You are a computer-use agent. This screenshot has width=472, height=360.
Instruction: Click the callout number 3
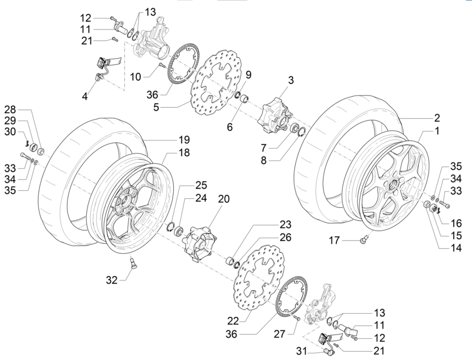[x=291, y=80]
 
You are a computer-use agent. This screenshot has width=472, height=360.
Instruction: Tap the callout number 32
[x=112, y=279]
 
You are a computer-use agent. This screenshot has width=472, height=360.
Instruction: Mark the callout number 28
[x=11, y=110]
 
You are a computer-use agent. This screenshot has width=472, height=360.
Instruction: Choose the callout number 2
[x=436, y=118]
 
